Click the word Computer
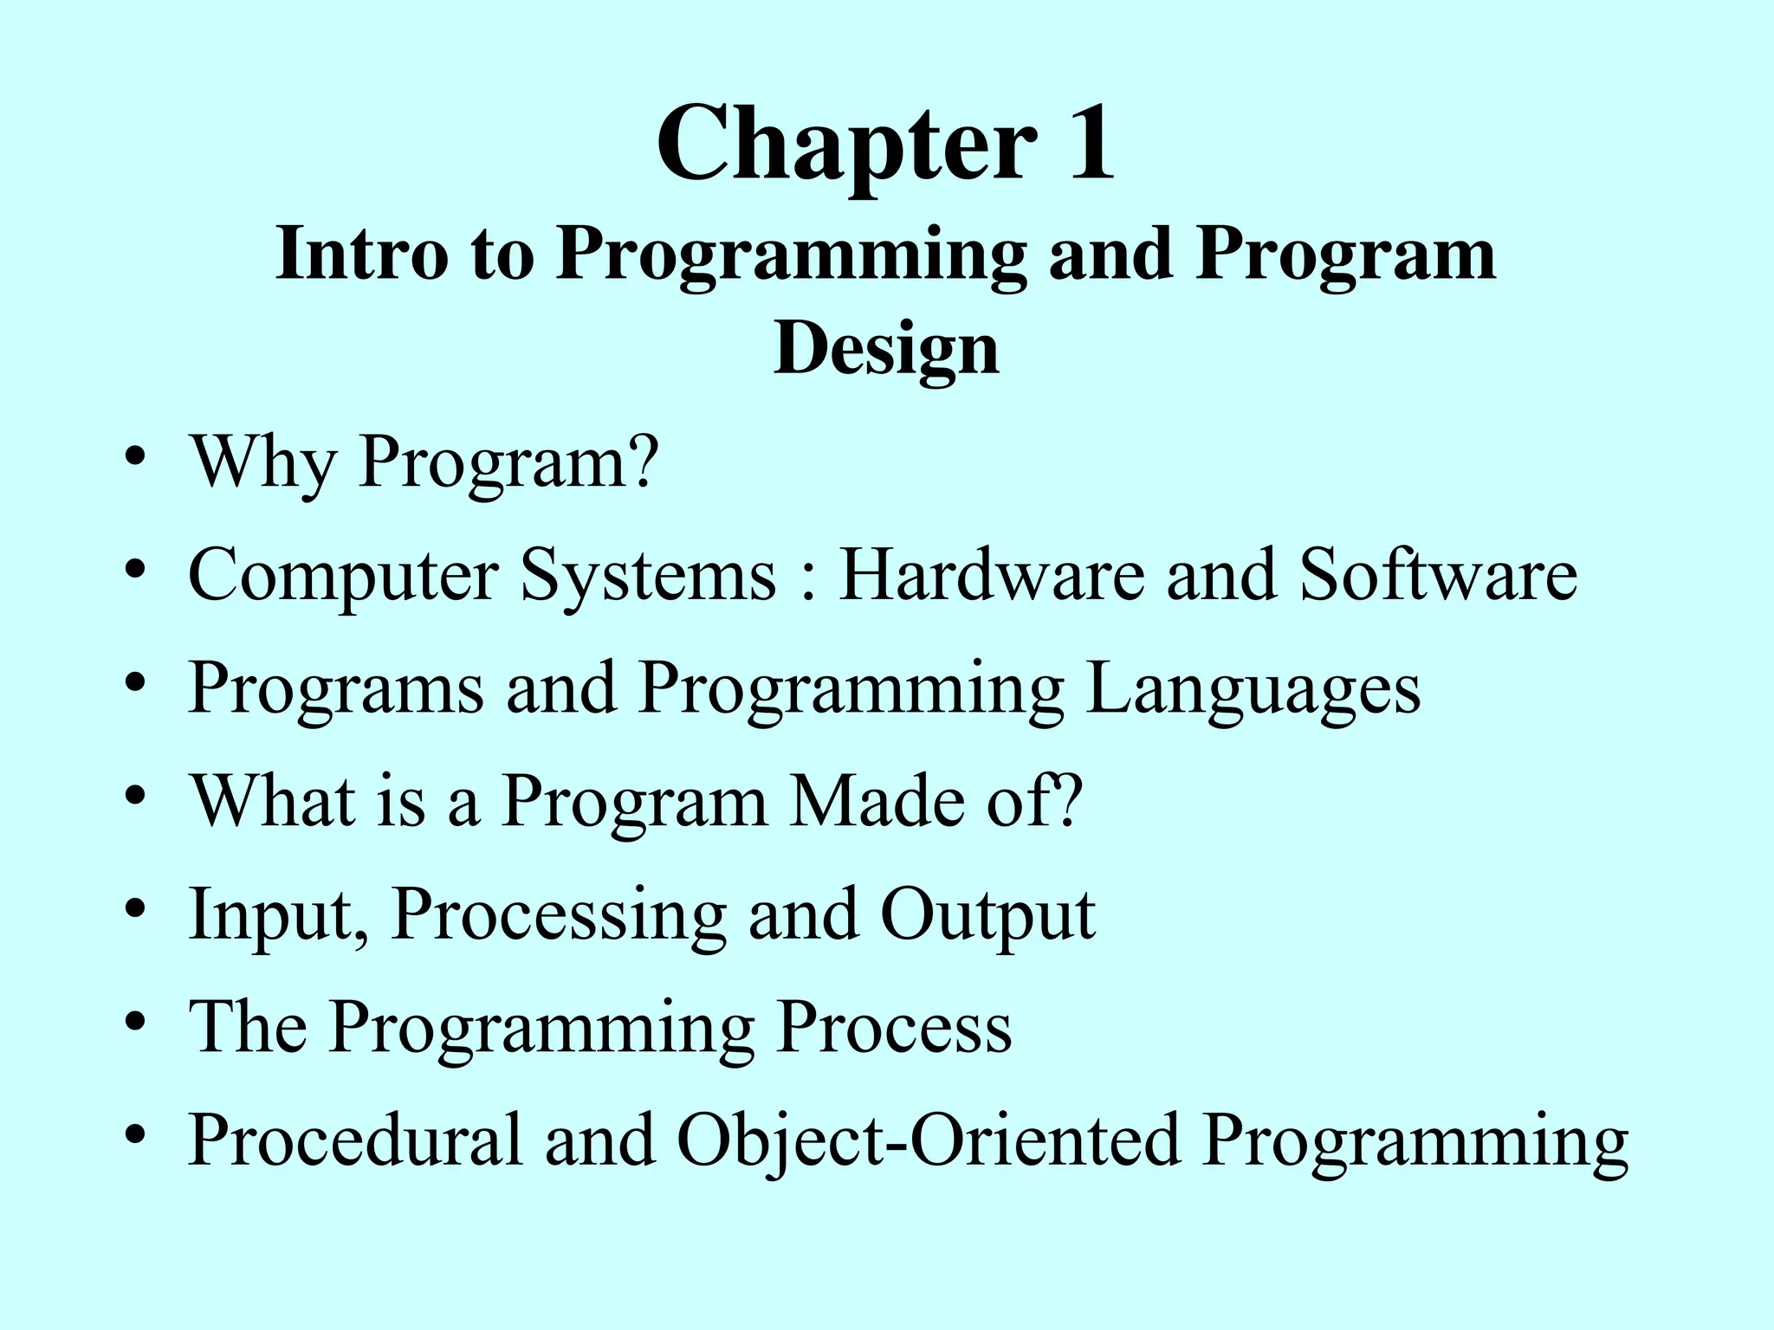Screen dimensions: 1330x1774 pyautogui.click(x=343, y=576)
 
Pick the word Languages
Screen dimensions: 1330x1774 pyautogui.click(x=1253, y=689)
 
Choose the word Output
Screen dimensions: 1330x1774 pyautogui.click(x=987, y=916)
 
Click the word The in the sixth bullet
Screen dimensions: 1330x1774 pyautogui.click(x=248, y=1027)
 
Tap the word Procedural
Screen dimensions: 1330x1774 pyautogui.click(x=356, y=1140)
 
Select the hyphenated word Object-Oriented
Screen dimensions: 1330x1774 pyautogui.click(x=928, y=1140)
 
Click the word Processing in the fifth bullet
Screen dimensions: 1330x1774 pyautogui.click(x=559, y=916)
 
